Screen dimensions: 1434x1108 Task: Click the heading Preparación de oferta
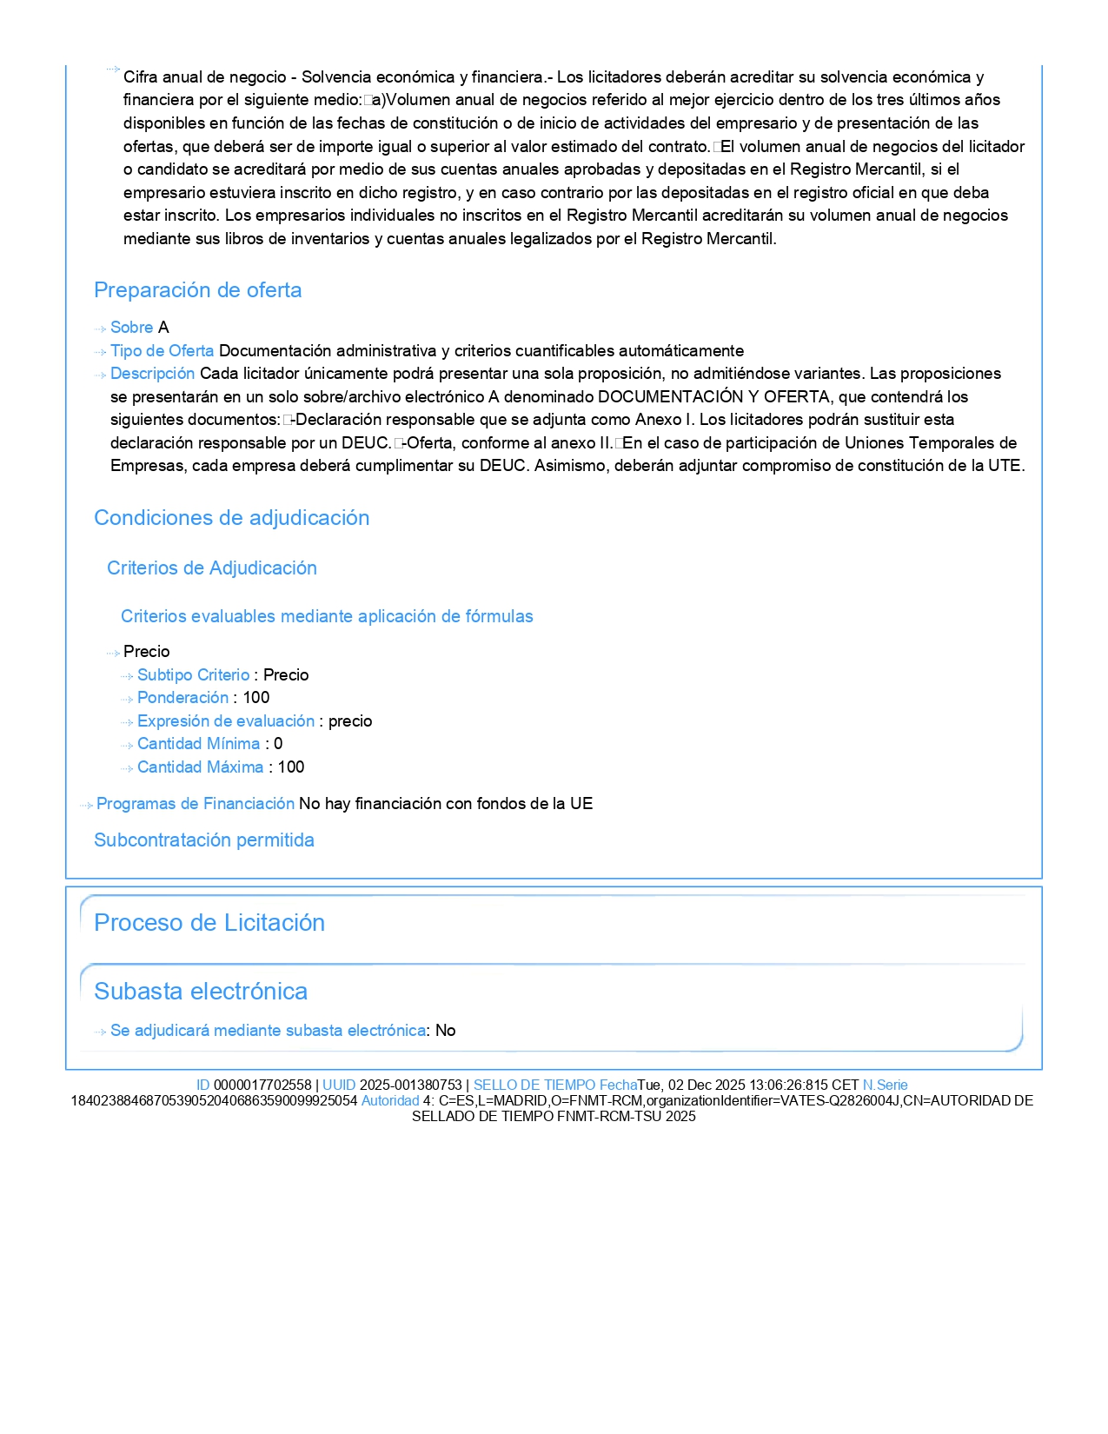[x=197, y=290]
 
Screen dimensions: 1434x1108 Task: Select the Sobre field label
[x=131, y=328]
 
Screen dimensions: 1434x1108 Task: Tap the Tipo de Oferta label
[x=162, y=351]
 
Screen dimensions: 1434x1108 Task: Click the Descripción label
[x=152, y=374]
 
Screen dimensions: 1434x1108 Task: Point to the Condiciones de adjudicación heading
[x=231, y=518]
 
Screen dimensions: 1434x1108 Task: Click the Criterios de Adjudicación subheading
[x=211, y=568]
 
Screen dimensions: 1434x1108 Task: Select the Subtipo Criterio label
[x=193, y=675]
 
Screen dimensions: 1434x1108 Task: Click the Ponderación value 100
[x=256, y=698]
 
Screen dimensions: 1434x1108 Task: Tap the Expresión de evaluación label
[x=225, y=721]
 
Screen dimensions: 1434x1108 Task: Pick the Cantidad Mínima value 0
[x=278, y=744]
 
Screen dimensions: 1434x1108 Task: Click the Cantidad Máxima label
[x=200, y=767]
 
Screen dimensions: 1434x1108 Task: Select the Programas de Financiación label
[x=195, y=804]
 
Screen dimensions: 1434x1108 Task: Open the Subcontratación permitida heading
[x=203, y=840]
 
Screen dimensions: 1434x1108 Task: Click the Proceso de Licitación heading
[x=209, y=923]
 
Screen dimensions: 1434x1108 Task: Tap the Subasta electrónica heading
[x=200, y=992]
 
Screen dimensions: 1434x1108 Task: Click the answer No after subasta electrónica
[x=446, y=1031]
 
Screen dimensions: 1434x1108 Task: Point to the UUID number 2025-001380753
[x=410, y=1085]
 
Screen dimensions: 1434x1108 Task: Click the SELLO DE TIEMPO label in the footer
[x=534, y=1085]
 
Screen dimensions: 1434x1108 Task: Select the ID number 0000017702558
[x=262, y=1085]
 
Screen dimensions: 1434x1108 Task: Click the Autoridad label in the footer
[x=389, y=1101]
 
